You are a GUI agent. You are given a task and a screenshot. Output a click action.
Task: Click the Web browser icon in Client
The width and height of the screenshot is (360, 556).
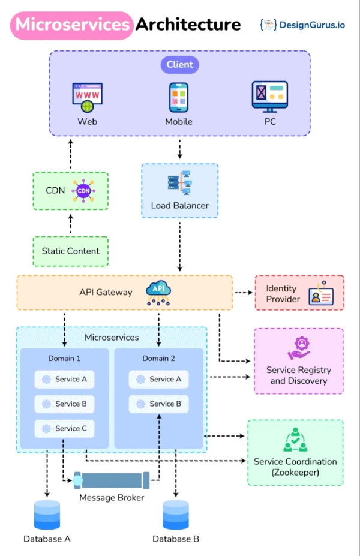(88, 98)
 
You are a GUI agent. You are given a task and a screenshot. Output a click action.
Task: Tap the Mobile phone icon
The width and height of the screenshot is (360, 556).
(179, 97)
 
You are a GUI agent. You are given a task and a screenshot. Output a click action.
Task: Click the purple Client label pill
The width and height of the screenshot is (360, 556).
(179, 64)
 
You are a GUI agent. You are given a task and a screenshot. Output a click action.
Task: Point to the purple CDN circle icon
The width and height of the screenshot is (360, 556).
(83, 191)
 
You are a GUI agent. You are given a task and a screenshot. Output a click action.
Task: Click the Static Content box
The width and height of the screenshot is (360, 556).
(71, 251)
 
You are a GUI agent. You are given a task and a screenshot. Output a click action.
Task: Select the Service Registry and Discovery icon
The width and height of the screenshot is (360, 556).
(298, 348)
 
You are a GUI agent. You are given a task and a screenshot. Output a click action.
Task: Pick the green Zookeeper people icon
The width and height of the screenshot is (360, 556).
(295, 440)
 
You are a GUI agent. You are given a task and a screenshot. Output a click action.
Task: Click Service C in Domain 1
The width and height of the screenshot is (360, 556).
(64, 428)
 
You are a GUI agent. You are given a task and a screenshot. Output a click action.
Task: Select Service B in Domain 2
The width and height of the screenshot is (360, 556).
(158, 404)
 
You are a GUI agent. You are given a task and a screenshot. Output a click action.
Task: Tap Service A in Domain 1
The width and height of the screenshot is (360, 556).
(64, 379)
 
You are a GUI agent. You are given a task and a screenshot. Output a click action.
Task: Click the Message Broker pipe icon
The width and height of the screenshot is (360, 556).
(112, 480)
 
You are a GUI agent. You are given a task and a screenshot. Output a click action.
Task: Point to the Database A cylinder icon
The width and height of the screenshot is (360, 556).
(47, 515)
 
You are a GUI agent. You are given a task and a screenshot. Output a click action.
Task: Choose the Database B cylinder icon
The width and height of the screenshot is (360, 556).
(176, 515)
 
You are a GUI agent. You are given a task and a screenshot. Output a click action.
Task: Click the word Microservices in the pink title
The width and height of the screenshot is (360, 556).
(72, 25)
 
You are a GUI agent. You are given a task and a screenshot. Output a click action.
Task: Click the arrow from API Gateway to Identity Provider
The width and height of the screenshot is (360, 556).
(242, 293)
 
